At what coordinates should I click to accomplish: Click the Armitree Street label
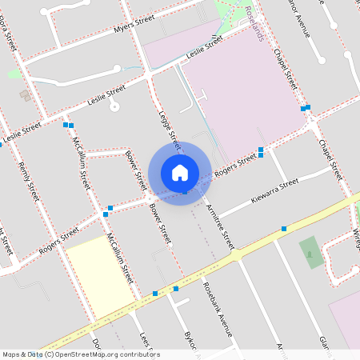(x=219, y=224)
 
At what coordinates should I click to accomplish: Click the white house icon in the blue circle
(x=180, y=173)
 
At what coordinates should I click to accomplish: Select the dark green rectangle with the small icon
(x=311, y=253)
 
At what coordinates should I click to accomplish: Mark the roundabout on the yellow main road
(x=237, y=254)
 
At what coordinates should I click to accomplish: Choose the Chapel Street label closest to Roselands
(x=286, y=68)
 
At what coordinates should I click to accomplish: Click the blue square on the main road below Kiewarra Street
(x=283, y=230)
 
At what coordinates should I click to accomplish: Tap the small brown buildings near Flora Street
(x=25, y=96)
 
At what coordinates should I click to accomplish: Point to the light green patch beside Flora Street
(x=14, y=74)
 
